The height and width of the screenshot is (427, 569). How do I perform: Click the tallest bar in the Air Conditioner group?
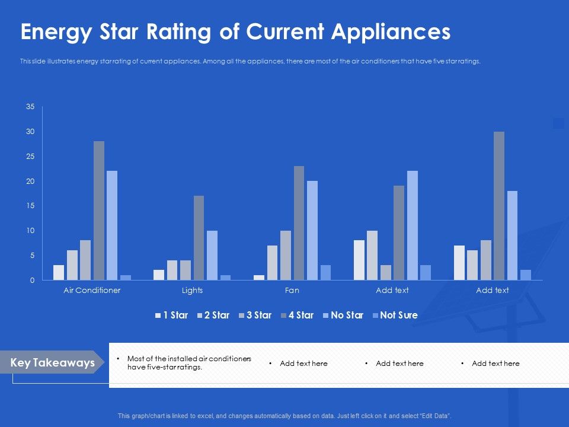pyautogui.click(x=98, y=211)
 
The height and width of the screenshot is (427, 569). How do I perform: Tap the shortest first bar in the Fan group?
pyautogui.click(x=259, y=277)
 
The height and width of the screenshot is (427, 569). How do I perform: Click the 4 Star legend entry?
pyautogui.click(x=298, y=316)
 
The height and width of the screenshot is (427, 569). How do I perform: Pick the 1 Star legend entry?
pyautogui.click(x=171, y=316)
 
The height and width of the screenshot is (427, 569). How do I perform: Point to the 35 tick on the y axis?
pyautogui.click(x=30, y=107)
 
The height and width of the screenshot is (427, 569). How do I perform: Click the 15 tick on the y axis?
pyautogui.click(x=30, y=206)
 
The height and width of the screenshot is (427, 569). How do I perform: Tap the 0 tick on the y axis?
pyautogui.click(x=32, y=281)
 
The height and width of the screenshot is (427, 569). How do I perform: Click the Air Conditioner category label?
pyautogui.click(x=92, y=291)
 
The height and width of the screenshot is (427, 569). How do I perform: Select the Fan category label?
pyautogui.click(x=292, y=291)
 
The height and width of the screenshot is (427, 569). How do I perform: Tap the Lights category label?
pyautogui.click(x=192, y=291)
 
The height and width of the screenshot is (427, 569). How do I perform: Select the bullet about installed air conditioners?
pyautogui.click(x=188, y=363)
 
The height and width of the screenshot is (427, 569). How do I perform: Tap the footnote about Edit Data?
pyautogui.click(x=284, y=416)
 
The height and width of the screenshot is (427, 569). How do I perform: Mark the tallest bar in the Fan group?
pyautogui.click(x=299, y=223)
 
